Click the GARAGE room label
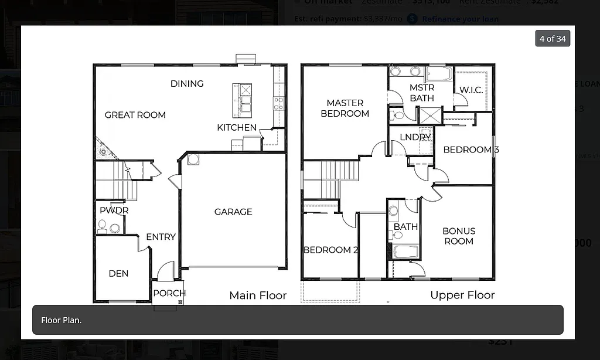233,212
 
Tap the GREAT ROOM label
135,115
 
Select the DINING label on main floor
187,83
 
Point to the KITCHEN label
237,127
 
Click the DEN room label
118,273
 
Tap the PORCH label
169,293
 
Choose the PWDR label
114,210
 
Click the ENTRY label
161,237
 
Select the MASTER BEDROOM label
345,108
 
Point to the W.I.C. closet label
471,90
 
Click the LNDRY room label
415,137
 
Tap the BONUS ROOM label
459,236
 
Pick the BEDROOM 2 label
330,250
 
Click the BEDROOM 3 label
471,150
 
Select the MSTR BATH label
421,93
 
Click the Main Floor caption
258,295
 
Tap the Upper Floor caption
462,295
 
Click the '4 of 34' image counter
553,39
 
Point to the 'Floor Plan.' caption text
62,320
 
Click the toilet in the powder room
103,225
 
